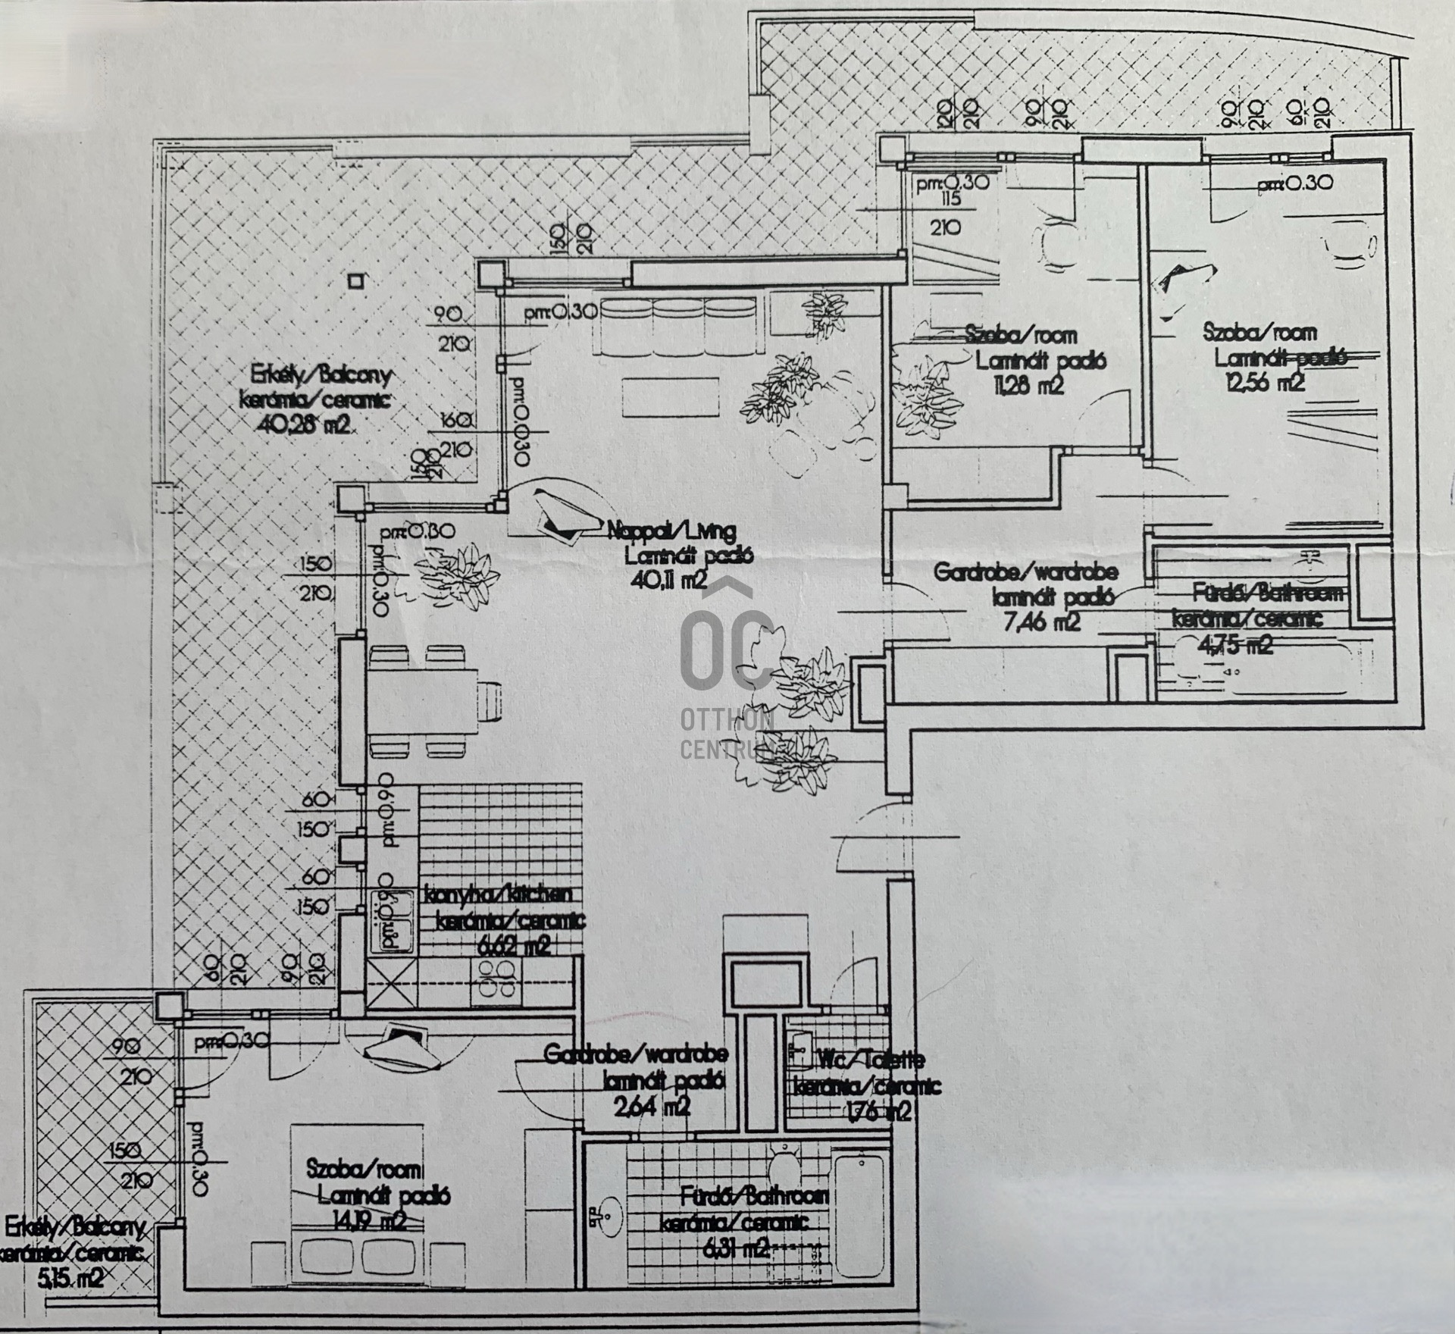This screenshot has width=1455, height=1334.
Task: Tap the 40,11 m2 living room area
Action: point(671,581)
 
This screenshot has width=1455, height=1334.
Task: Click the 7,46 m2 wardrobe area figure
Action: point(1043,623)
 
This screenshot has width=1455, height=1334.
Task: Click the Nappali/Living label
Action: point(671,533)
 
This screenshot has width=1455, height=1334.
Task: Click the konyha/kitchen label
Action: point(498,895)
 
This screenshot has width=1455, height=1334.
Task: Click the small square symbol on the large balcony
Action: point(355,280)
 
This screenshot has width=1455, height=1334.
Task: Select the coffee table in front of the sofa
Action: point(670,395)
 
